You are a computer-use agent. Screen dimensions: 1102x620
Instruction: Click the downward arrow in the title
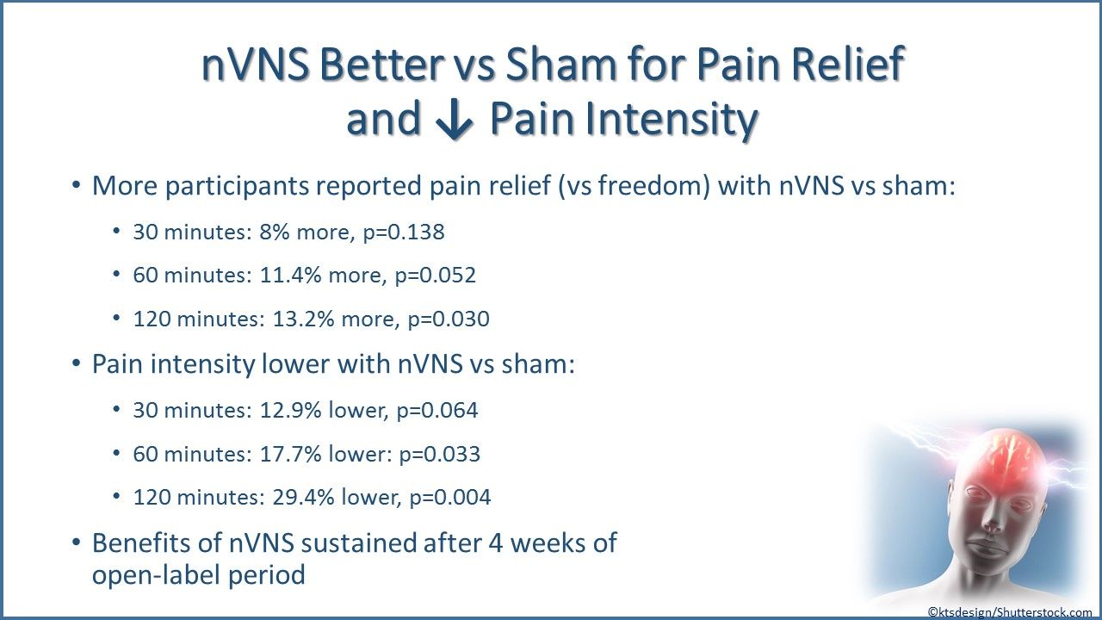[x=454, y=119]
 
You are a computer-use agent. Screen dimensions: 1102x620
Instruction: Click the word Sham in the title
[x=560, y=65]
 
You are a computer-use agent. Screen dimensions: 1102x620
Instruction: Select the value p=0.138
[x=404, y=232]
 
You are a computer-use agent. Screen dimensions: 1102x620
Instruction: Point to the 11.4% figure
[x=290, y=275]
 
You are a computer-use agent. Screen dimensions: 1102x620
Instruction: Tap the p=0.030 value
[x=449, y=319]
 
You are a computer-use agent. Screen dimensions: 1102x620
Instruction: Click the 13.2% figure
[x=303, y=319]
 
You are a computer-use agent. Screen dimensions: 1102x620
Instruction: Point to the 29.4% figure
[x=303, y=498]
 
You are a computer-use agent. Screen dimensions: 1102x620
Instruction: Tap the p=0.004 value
[x=450, y=498]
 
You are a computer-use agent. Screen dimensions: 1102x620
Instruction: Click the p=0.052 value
[x=436, y=276]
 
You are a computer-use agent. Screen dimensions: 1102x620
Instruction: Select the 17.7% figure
[x=290, y=454]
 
